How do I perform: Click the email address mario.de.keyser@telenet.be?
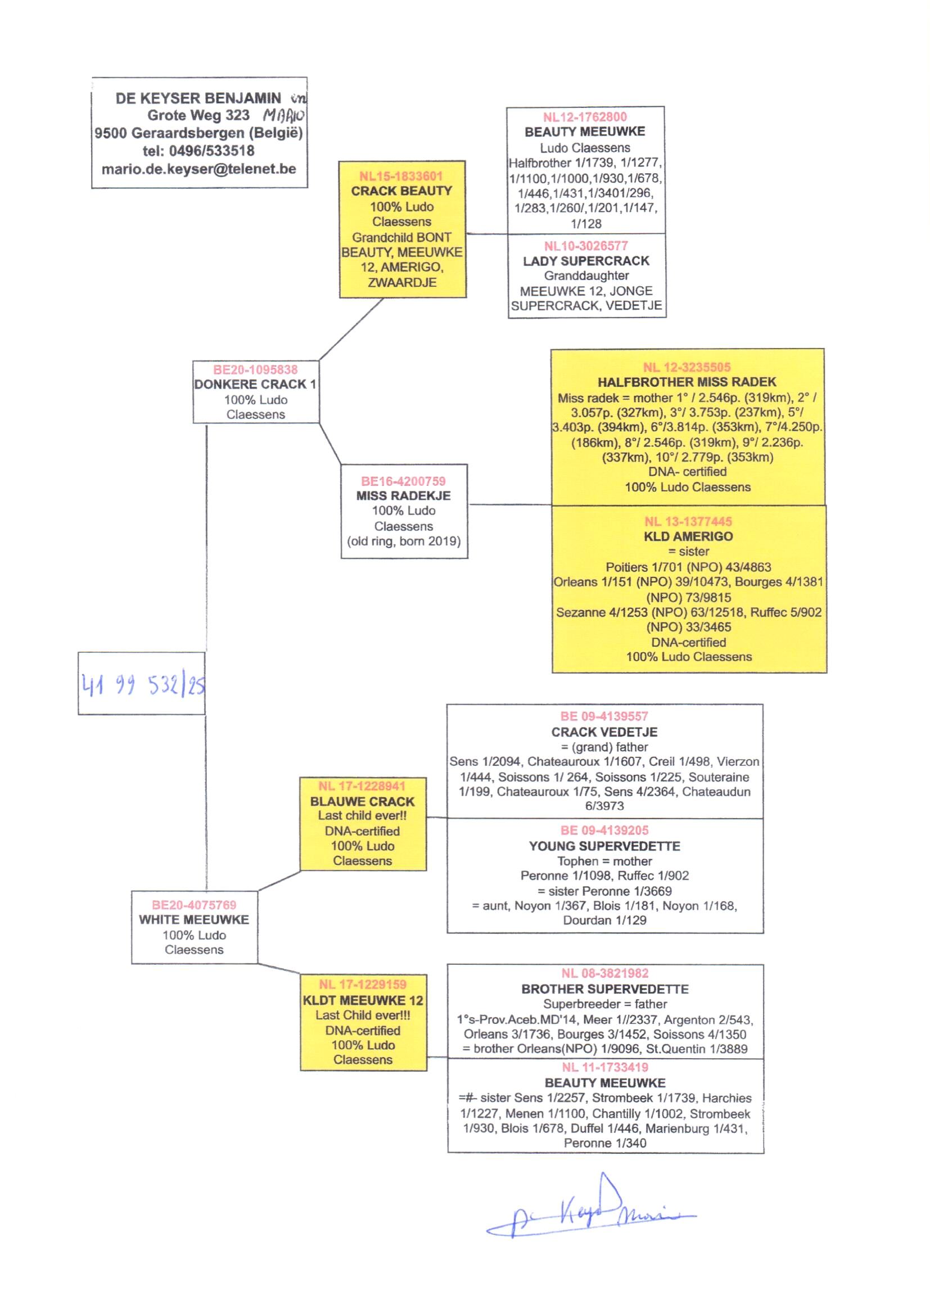coord(198,169)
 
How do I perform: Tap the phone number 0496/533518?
coord(211,151)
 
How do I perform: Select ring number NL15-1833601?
coord(401,177)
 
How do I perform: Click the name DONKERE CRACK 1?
coord(255,384)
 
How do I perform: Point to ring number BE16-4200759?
coord(403,481)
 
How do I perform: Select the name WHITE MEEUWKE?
coord(194,919)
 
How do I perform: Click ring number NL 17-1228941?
coord(362,786)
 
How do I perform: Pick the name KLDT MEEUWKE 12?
coord(363,1000)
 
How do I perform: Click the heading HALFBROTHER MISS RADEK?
coord(687,382)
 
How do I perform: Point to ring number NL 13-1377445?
coord(688,522)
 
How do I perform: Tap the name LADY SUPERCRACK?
coord(586,261)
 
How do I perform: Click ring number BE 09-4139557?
coord(604,716)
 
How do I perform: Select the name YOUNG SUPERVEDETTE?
coord(604,846)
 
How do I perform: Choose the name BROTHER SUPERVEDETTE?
coord(605,989)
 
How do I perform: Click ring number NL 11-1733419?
coord(605,1067)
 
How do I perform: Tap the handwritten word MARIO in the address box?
coord(283,116)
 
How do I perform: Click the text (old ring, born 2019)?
coord(404,541)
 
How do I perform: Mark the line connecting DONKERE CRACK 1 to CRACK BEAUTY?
coord(350,329)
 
